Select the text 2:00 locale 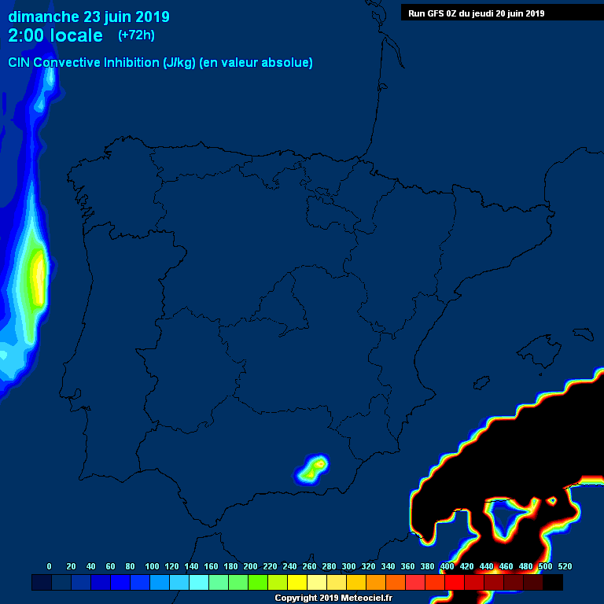click(55, 36)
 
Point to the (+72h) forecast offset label click(136, 35)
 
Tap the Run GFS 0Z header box click(477, 13)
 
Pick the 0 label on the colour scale click(50, 566)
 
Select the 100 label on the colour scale click(151, 566)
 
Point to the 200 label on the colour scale click(250, 566)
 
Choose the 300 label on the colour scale click(348, 566)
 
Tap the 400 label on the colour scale click(447, 566)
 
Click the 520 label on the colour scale click(564, 566)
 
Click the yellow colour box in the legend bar click(297, 583)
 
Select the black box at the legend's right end click(553, 583)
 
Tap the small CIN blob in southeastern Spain click(312, 470)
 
